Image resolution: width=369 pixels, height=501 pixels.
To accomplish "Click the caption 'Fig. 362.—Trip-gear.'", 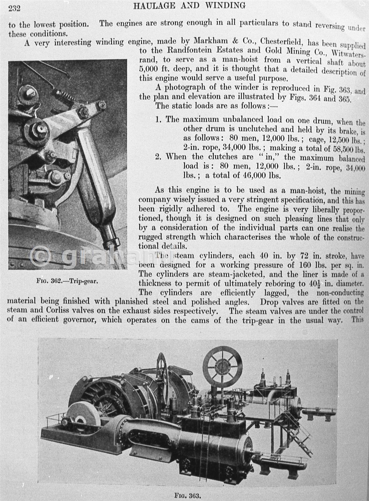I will pos(67,281).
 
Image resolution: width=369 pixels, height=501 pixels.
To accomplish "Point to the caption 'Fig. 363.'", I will pos(187,496).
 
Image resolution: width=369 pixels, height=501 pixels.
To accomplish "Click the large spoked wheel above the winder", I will pos(222,365).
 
